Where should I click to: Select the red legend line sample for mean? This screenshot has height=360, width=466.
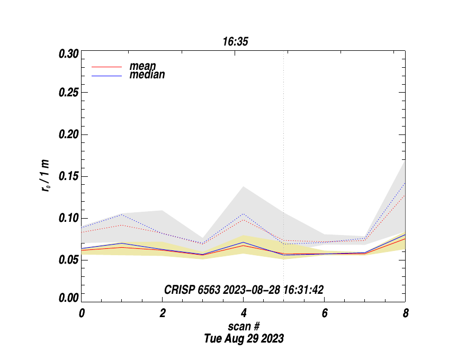coord(108,67)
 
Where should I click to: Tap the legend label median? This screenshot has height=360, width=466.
coord(147,75)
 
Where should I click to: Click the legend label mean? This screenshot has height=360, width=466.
coord(142,66)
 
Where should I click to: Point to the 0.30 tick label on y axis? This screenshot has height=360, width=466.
coord(69,54)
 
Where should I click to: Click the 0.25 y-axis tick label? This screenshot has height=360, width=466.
coord(69,93)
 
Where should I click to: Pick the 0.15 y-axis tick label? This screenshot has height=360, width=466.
coord(69,176)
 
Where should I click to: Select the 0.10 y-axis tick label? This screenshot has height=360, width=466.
coord(69,218)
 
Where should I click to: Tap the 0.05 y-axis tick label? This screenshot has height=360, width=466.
coord(69,260)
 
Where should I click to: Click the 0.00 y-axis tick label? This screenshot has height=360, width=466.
coord(69,298)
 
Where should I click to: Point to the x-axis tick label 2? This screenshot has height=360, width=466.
coord(163,313)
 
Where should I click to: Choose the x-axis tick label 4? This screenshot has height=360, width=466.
coord(244,313)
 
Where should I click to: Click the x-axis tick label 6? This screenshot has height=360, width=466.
coord(325,313)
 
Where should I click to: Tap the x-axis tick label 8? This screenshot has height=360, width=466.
coord(406,313)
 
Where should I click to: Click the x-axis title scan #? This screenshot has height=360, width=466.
coord(244,326)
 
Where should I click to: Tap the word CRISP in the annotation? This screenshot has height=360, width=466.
coord(180,290)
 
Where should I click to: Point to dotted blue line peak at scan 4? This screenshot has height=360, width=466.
coord(244,214)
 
